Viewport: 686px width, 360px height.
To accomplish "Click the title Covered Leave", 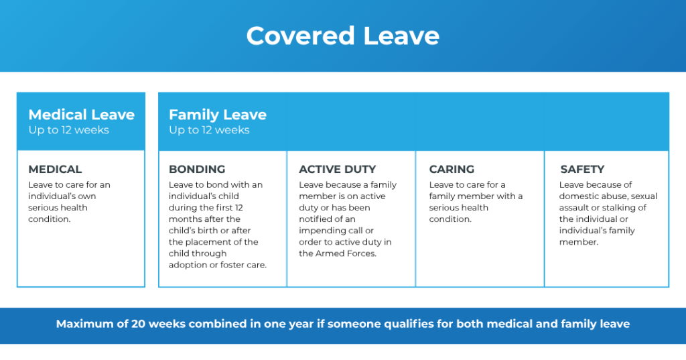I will coord(342,36).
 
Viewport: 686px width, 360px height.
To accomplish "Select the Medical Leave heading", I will coord(81,115).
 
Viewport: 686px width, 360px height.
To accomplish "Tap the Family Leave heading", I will coord(217,115).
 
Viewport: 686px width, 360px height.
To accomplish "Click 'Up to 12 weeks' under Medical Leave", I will coord(68,130).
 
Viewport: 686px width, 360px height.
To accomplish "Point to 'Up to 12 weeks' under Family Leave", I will coord(209,130).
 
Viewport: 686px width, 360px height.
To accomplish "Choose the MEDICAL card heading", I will coord(55,170).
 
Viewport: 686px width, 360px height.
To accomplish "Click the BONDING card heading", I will coord(197,170).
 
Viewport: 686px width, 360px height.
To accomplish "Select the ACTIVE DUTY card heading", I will coord(337,170).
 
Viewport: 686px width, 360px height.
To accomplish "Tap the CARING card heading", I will coord(452,170).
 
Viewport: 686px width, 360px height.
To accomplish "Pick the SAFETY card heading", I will coord(582,170).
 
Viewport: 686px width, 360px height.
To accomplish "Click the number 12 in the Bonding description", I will coord(257,208).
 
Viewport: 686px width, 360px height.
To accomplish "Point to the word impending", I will coord(322,231).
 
